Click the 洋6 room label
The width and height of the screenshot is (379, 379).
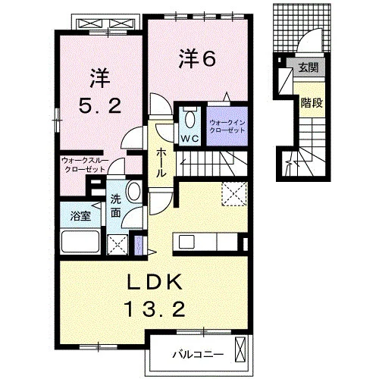click(197, 58)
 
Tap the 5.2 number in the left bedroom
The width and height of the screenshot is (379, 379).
click(100, 105)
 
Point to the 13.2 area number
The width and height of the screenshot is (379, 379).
click(155, 309)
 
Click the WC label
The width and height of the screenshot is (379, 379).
click(189, 138)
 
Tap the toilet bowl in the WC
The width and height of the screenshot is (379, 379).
click(189, 119)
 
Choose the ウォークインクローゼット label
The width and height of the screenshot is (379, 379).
click(227, 127)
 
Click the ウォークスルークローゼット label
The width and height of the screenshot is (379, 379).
click(85, 165)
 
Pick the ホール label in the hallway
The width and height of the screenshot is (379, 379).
click(161, 163)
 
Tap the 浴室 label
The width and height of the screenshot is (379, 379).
click(80, 216)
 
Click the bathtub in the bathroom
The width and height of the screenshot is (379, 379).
click(80, 242)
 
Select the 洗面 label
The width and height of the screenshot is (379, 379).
click(116, 206)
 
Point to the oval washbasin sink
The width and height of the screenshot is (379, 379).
click(134, 191)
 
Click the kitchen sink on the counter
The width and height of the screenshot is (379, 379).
click(186, 242)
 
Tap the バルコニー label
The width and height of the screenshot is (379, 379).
click(198, 355)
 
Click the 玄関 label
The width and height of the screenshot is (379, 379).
click(309, 67)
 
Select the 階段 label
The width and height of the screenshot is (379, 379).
click(312, 103)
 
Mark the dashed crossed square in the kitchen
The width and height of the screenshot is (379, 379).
click(234, 194)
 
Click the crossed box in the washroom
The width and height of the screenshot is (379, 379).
click(117, 244)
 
